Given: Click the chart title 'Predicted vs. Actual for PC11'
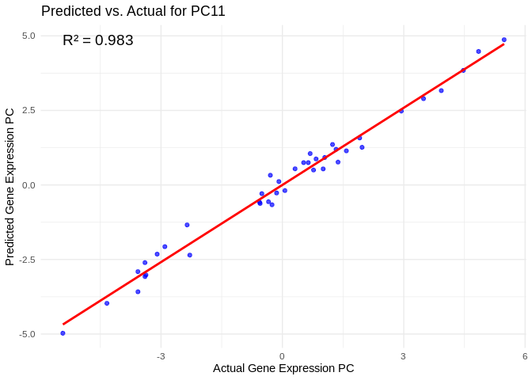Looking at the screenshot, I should (x=133, y=11).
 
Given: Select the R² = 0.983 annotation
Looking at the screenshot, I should (x=98, y=40).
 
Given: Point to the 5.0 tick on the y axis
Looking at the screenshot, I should (x=28, y=36).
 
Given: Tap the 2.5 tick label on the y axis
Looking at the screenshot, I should (x=28, y=110).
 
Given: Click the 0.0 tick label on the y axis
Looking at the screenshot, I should (x=28, y=185).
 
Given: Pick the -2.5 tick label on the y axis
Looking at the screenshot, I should (x=27, y=260).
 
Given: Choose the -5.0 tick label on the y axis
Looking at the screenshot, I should (x=27, y=334).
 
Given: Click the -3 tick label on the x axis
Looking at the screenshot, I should (x=161, y=356).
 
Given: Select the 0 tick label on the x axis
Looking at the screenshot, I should (x=282, y=356).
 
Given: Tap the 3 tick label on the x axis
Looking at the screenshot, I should (x=403, y=356).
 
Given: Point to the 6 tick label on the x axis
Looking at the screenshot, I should (x=524, y=356).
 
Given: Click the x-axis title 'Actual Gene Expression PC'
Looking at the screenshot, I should (x=283, y=368).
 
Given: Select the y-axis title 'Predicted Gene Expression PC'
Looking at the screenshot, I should (x=10, y=187).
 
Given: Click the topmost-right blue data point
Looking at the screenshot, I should (x=504, y=40).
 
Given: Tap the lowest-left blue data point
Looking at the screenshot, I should (x=63, y=333).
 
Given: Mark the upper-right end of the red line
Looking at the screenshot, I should (x=503, y=44).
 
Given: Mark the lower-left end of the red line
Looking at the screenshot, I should (x=63, y=324).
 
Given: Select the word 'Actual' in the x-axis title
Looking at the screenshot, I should (x=230, y=368).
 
